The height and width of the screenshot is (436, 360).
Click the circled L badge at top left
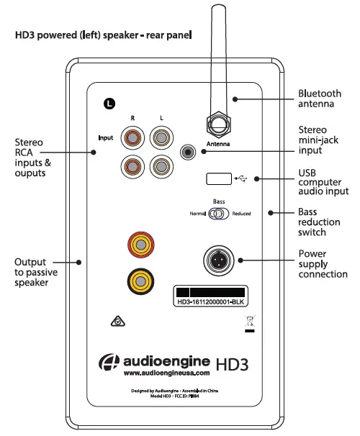coord(109,104)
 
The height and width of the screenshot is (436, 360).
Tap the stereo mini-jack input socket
coord(190,153)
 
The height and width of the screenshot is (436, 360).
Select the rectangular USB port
coord(218,178)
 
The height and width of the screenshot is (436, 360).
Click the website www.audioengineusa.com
coord(166,373)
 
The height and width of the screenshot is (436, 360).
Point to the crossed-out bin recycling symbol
coord(249,323)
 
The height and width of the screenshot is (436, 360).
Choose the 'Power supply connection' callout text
coord(323,264)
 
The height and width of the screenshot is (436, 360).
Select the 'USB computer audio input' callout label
coord(322,182)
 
